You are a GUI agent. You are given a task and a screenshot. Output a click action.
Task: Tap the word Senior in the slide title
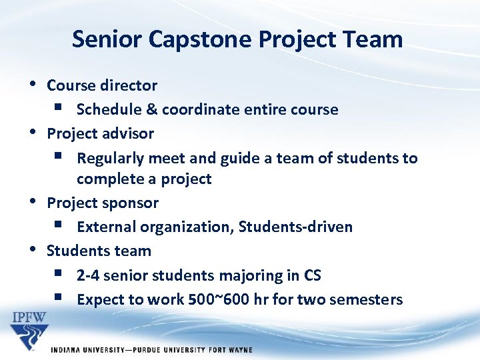pos(107,39)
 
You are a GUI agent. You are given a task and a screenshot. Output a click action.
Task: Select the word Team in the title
pos(374,39)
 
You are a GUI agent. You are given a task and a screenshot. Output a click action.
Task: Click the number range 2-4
pos(87,275)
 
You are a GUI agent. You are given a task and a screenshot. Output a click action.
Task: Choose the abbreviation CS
pos(312,275)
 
